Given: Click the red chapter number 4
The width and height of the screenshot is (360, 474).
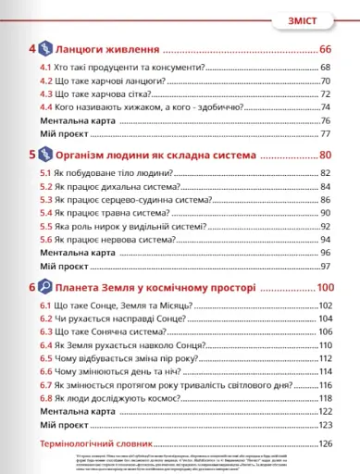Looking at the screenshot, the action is (32, 48).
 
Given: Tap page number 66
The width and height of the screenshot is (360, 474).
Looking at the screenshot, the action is (325, 49).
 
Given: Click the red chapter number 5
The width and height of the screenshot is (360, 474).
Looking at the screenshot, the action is (32, 155).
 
